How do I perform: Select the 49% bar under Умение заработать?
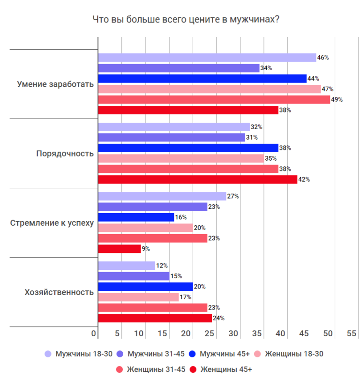click(214, 99)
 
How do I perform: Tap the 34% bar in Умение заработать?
click(179, 68)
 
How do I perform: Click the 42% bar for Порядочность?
click(197, 179)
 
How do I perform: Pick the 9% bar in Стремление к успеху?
click(120, 249)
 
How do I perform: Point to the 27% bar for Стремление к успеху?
click(162, 196)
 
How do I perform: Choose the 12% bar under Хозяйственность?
click(127, 266)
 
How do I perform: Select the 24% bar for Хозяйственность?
click(155, 318)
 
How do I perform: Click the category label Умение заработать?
click(55, 84)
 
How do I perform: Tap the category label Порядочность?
click(65, 154)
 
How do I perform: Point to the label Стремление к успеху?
click(52, 223)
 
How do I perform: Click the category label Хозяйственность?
click(59, 292)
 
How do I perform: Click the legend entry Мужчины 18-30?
click(79, 354)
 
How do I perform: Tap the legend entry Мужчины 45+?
click(220, 354)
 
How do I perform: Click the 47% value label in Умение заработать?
click(327, 89)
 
